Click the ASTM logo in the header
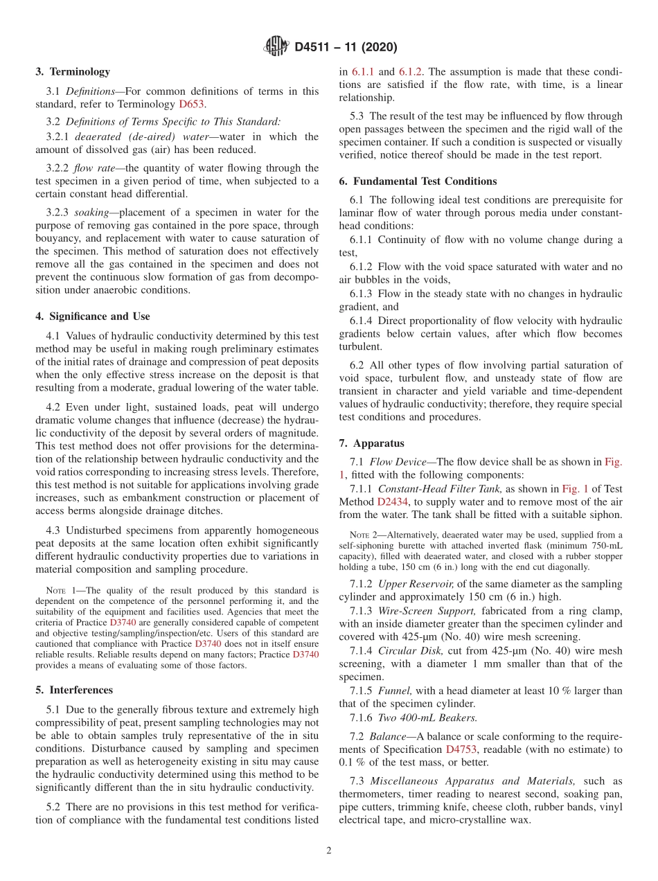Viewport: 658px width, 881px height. (276, 47)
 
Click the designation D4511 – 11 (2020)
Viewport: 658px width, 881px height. (345, 48)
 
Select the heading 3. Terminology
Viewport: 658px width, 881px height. (73, 71)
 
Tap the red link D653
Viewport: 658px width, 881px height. (191, 104)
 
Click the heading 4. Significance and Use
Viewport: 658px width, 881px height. (92, 317)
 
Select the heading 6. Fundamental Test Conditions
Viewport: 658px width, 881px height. (418, 181)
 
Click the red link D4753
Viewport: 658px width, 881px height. (461, 749)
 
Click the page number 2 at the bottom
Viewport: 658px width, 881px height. (329, 851)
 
